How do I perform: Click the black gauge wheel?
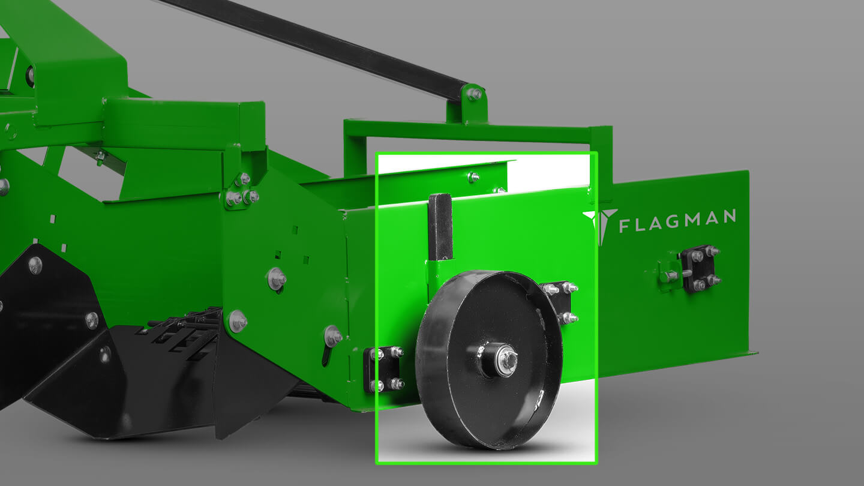tap(489, 360)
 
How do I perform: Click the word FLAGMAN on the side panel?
tap(678, 221)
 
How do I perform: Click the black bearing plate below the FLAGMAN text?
tap(698, 268)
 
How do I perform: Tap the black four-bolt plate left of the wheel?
tap(383, 369)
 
